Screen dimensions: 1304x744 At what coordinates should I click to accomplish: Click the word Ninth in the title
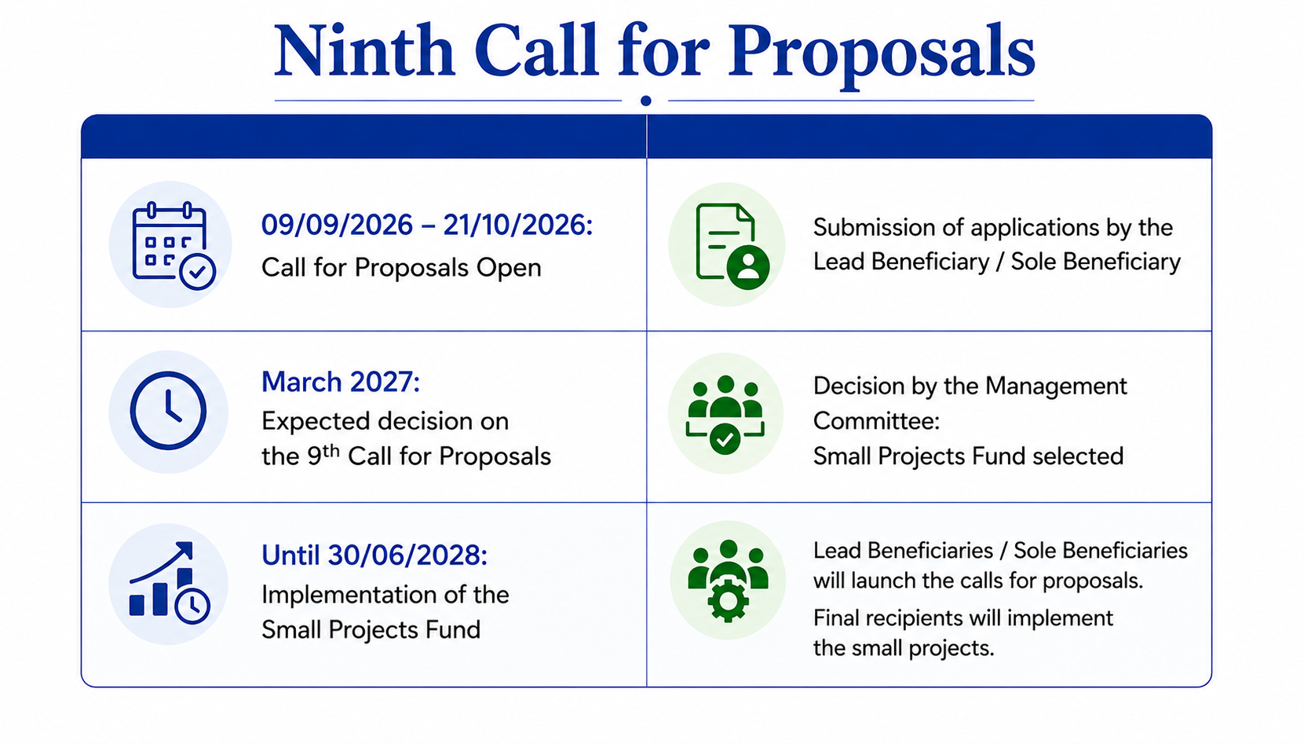pyautogui.click(x=364, y=51)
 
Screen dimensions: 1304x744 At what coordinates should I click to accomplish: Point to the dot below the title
pyautogui.click(x=645, y=101)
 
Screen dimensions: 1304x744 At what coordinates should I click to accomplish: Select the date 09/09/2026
pyautogui.click(x=337, y=225)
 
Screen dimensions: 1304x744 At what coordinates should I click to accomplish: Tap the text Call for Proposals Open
pyautogui.click(x=401, y=267)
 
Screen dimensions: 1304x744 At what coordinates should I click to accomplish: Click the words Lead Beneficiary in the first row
pyautogui.click(x=900, y=262)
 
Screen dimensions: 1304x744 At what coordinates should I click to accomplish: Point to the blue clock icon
pyautogui.click(x=168, y=411)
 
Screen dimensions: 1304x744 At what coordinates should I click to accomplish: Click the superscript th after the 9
pyautogui.click(x=331, y=450)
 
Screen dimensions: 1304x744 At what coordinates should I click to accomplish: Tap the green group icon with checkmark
pyautogui.click(x=725, y=415)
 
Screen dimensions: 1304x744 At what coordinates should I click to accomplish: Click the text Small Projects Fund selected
pyautogui.click(x=968, y=456)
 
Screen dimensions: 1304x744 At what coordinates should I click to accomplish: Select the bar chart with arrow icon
pyautogui.click(x=169, y=583)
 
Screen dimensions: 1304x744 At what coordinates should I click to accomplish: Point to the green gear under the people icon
pyautogui.click(x=728, y=601)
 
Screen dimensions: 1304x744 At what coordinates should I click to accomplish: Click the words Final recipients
pyautogui.click(x=891, y=618)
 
